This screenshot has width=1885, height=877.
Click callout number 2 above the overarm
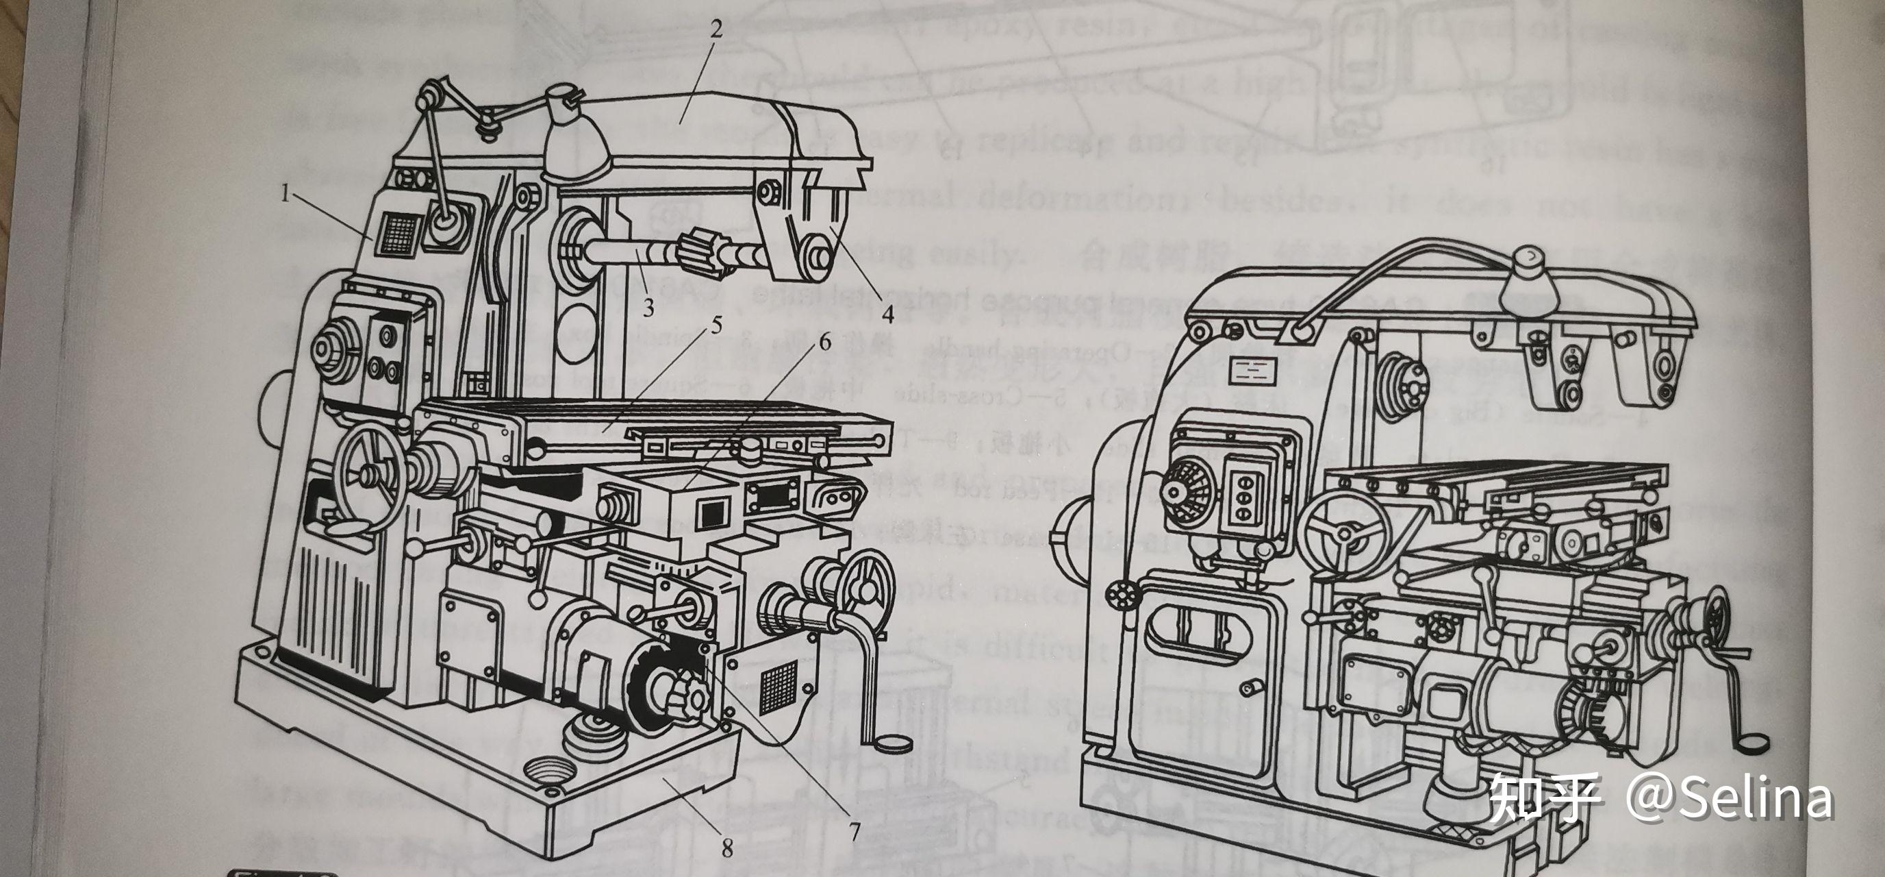coord(715,29)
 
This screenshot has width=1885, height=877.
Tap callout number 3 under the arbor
coord(648,308)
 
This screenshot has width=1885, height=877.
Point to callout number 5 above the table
coord(716,324)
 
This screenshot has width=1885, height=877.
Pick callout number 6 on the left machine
coord(824,341)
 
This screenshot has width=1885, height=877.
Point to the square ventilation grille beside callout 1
coord(398,235)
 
